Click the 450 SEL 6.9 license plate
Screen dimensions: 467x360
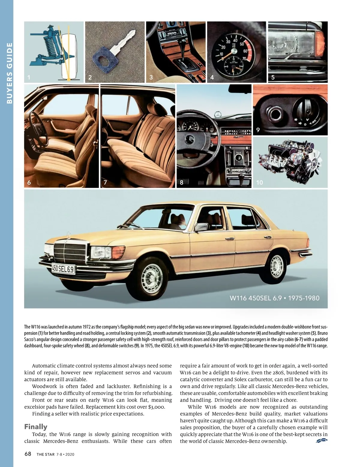(x=63, y=269)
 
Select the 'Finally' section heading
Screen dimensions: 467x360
(x=36, y=427)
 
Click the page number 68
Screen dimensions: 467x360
(x=28, y=454)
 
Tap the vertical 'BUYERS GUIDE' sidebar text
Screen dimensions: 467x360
(x=9, y=73)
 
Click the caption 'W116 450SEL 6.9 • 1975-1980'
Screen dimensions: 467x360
(x=274, y=298)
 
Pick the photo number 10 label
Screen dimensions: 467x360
(x=259, y=182)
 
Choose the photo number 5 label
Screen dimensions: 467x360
(x=273, y=77)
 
